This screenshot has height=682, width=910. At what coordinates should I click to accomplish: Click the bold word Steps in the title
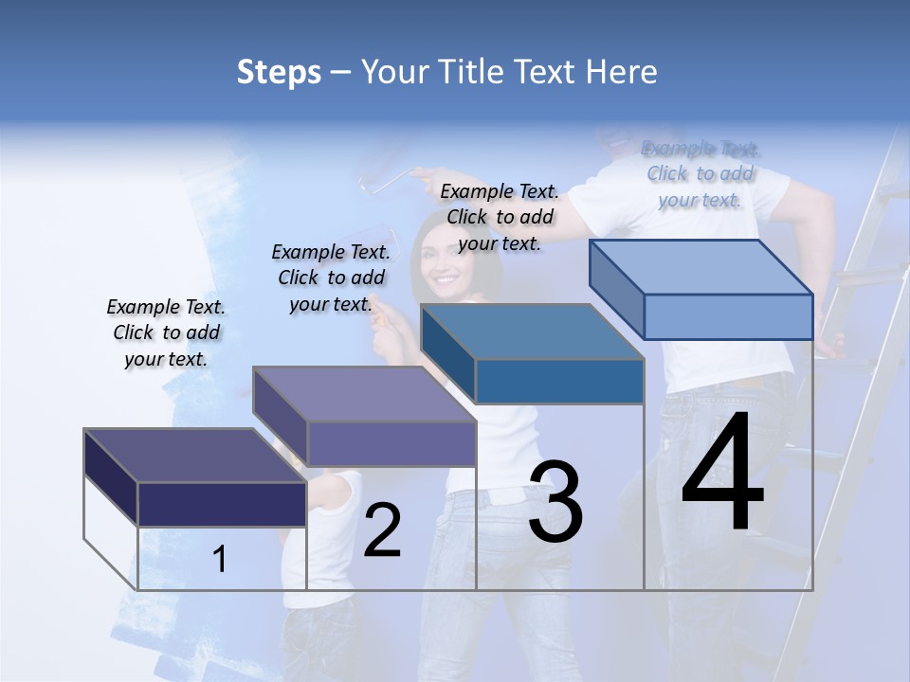tap(279, 72)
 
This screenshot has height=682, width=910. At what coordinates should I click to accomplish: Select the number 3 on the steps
tap(555, 502)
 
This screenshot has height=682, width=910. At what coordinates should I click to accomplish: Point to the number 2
tap(383, 531)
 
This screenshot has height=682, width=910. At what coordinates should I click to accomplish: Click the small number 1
tap(220, 560)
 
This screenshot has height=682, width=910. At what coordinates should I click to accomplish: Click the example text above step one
tap(166, 332)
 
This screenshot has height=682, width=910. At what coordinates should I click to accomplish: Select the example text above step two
tap(331, 278)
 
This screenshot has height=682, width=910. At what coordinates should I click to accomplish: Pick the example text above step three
tap(500, 217)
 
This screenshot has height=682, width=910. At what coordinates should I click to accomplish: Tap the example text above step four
tap(701, 173)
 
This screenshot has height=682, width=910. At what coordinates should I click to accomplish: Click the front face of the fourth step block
tap(728, 316)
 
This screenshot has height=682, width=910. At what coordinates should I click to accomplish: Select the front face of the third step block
tap(559, 381)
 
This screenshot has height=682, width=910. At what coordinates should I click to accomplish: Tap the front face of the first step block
tap(222, 504)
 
